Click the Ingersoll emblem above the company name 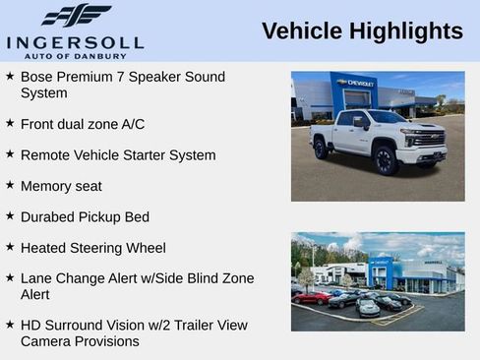click(77, 16)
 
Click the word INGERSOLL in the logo click(75, 42)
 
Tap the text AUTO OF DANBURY click(75, 55)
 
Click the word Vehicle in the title click(299, 31)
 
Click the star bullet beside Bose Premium click(10, 76)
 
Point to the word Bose click(36, 77)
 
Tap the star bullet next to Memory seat click(10, 185)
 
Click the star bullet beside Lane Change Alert click(10, 278)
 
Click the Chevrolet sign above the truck click(354, 84)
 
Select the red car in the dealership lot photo click(312, 297)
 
